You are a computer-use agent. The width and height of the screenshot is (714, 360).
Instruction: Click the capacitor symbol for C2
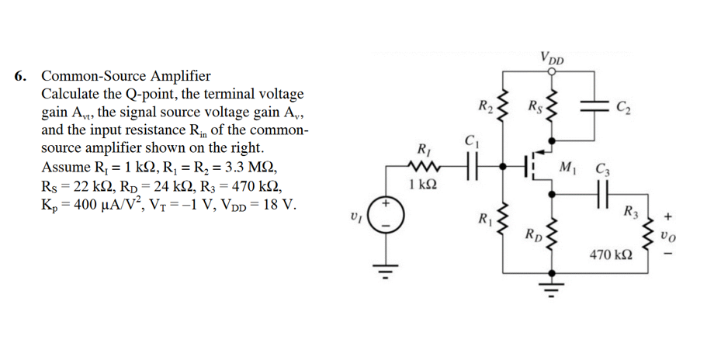[596, 105]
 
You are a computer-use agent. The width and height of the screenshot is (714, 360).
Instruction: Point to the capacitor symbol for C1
[470, 165]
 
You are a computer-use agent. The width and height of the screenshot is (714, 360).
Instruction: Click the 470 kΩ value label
[611, 254]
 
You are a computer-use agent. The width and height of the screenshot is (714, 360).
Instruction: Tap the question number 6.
[21, 77]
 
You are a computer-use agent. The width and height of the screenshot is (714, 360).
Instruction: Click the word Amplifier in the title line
[178, 77]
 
